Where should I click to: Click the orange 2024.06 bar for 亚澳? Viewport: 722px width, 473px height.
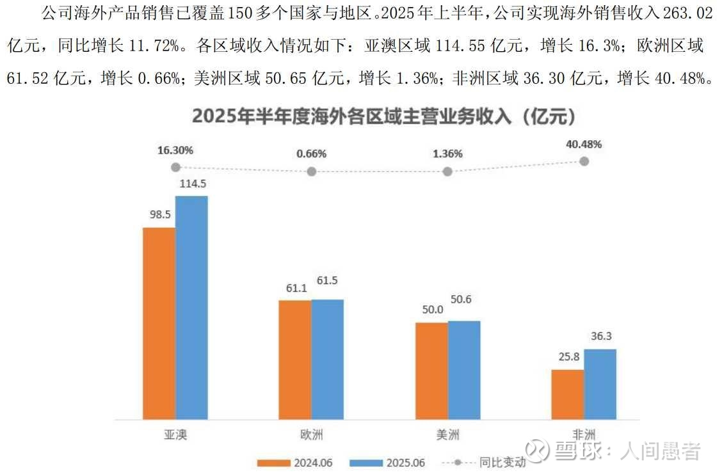point(159,323)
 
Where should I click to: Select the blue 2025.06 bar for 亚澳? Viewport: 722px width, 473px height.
point(191,307)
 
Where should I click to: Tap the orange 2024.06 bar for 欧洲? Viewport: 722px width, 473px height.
point(295,359)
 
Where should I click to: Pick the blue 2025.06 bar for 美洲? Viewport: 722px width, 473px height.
point(464,370)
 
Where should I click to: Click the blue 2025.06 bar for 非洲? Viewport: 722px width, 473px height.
point(600,384)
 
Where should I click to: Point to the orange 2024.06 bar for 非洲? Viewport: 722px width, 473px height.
point(567,394)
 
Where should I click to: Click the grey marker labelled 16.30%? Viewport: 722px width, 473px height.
point(175,167)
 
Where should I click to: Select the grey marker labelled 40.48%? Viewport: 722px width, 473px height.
point(584,161)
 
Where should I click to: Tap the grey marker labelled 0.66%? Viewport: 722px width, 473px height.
point(311,172)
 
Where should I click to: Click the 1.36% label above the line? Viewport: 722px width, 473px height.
point(447,154)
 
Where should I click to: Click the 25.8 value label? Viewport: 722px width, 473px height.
point(567,357)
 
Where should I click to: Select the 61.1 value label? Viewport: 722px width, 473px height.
point(295,288)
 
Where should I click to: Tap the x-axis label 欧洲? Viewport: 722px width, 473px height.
point(311,435)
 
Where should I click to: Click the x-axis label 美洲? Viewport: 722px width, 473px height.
point(447,435)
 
